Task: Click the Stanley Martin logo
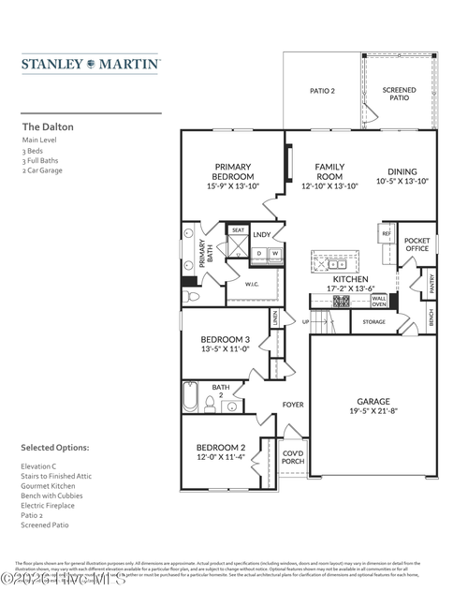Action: coord(91,65)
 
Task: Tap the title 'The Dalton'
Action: coord(48,126)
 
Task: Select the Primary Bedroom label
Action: coord(233,170)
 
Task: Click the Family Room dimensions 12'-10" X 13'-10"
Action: coord(329,186)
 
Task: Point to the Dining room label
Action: coord(402,171)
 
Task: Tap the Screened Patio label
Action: coord(400,94)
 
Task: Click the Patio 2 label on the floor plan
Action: coord(322,91)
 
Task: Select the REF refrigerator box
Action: coord(385,233)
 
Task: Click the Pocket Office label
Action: coord(417,244)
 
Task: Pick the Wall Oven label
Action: coord(379,300)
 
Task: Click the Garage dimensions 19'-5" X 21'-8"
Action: coord(373,410)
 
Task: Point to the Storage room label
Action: coord(373,322)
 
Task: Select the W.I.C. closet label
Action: coord(252,284)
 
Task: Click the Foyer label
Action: coord(293,405)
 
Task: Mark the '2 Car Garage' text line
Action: coord(42,170)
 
